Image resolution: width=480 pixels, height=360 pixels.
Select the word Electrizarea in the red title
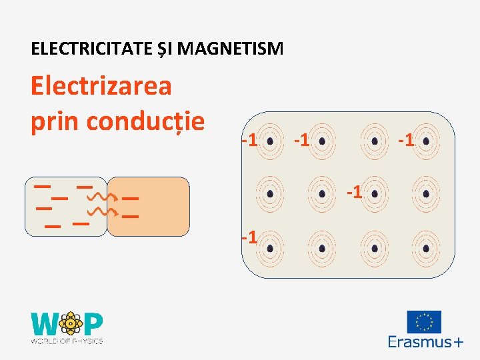click(101, 85)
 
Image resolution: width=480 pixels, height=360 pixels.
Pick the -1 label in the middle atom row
click(355, 193)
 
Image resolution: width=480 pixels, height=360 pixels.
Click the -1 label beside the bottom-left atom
click(249, 237)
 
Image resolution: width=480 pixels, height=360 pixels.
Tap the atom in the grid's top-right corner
click(426, 141)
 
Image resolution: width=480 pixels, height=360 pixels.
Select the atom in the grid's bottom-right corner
click(426, 247)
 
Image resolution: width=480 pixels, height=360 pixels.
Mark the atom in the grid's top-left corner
click(270, 141)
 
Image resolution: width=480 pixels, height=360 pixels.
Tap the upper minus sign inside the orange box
click(130, 198)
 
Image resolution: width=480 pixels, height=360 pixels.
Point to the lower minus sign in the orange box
click(130, 217)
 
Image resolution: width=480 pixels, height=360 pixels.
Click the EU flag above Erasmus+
click(424, 322)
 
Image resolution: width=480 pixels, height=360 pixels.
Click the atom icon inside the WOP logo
click(69, 324)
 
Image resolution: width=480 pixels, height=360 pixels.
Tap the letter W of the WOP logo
click(45, 325)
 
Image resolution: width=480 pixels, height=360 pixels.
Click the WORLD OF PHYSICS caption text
click(67, 341)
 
